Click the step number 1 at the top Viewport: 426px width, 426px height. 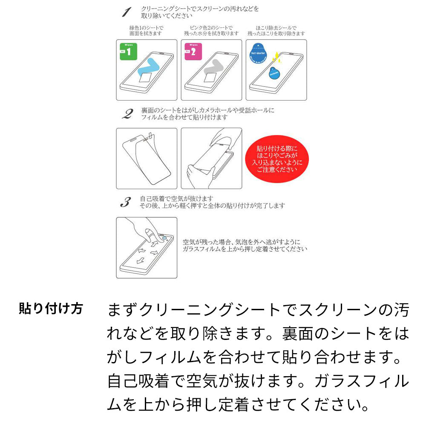tap(126, 12)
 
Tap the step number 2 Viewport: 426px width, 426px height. tap(127, 114)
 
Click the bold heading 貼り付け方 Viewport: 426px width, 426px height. tap(51, 308)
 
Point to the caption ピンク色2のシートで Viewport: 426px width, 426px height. tap(211, 28)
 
